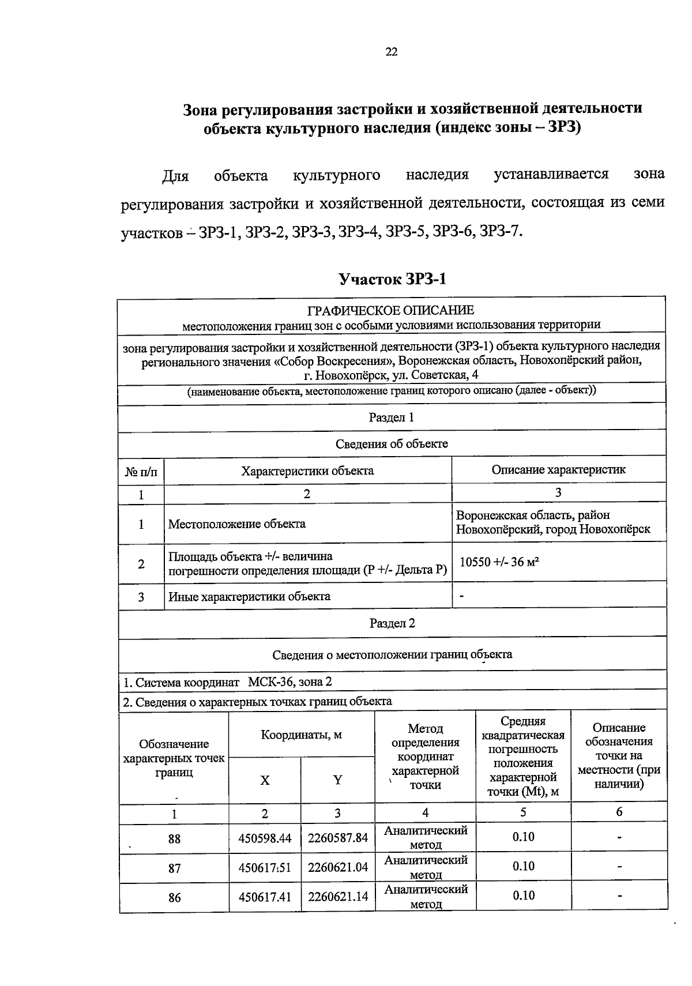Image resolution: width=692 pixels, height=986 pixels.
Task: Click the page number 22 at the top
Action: coord(391,52)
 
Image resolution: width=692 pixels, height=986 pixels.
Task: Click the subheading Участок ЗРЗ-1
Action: coord(392,280)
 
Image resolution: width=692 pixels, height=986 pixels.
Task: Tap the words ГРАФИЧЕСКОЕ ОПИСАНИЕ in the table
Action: coord(391,311)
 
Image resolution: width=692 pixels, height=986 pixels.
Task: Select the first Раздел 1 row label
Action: coord(391,417)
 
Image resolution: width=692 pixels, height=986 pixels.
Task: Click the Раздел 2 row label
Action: coord(392,623)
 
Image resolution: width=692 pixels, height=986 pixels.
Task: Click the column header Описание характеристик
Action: coord(558,469)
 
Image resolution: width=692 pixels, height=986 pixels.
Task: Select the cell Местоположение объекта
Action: coord(236,524)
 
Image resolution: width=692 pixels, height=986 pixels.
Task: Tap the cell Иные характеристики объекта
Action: coord(249,597)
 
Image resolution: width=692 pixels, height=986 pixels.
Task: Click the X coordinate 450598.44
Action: coord(265,838)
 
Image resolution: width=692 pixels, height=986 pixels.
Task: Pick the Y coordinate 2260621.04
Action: coord(338,867)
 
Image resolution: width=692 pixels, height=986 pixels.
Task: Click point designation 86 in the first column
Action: coord(174,898)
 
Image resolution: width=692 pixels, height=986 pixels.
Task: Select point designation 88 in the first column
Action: coord(174,839)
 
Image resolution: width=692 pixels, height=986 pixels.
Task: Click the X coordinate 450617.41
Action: coord(265,897)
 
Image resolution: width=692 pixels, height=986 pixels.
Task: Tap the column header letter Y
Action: coord(337,781)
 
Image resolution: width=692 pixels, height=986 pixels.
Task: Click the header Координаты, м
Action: coord(301,735)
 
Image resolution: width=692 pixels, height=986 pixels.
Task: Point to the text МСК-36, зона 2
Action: coord(289,682)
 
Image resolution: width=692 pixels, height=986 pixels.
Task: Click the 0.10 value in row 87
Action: coord(523,867)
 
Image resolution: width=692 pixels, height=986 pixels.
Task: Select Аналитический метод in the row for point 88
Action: coord(426,838)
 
